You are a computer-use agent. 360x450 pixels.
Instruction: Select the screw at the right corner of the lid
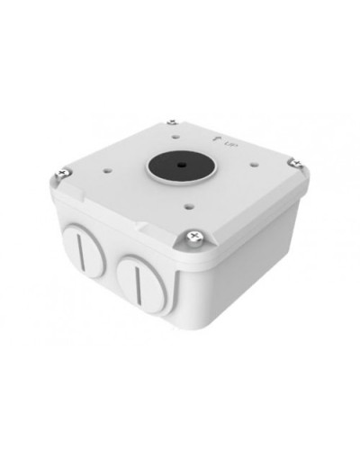pos(293,163)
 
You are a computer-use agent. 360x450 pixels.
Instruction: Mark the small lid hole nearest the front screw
pos(188,202)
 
